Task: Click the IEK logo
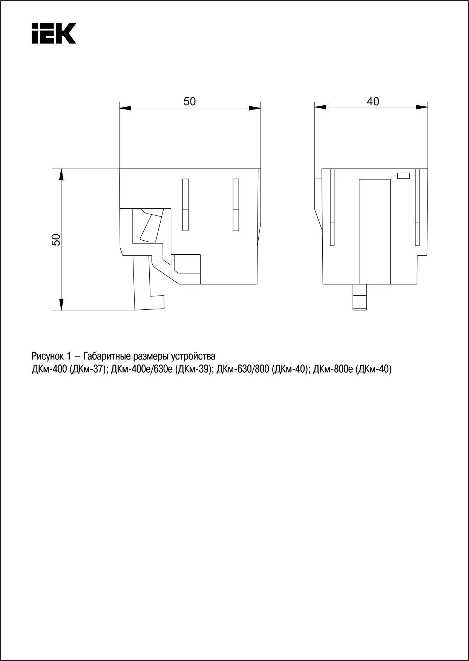[x=54, y=33]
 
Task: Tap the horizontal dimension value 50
[x=190, y=101]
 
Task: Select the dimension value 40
[x=373, y=101]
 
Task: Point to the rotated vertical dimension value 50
[x=56, y=240]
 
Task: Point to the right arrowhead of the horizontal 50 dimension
[x=255, y=108]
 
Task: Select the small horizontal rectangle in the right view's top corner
[x=403, y=175]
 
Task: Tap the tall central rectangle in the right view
[x=374, y=231]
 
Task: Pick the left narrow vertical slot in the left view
[x=185, y=204]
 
